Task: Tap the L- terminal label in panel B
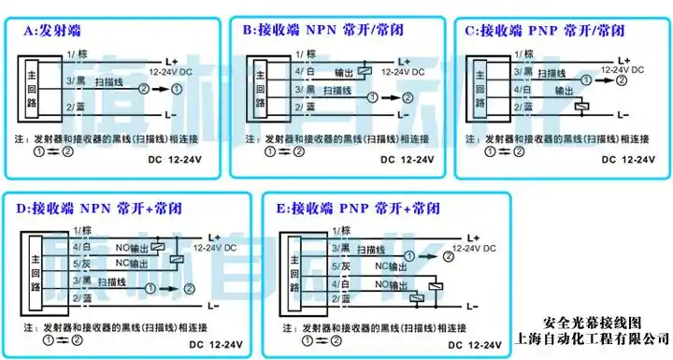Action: pos(403,112)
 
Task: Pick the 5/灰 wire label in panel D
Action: pos(77,263)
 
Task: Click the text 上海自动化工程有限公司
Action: pos(593,338)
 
